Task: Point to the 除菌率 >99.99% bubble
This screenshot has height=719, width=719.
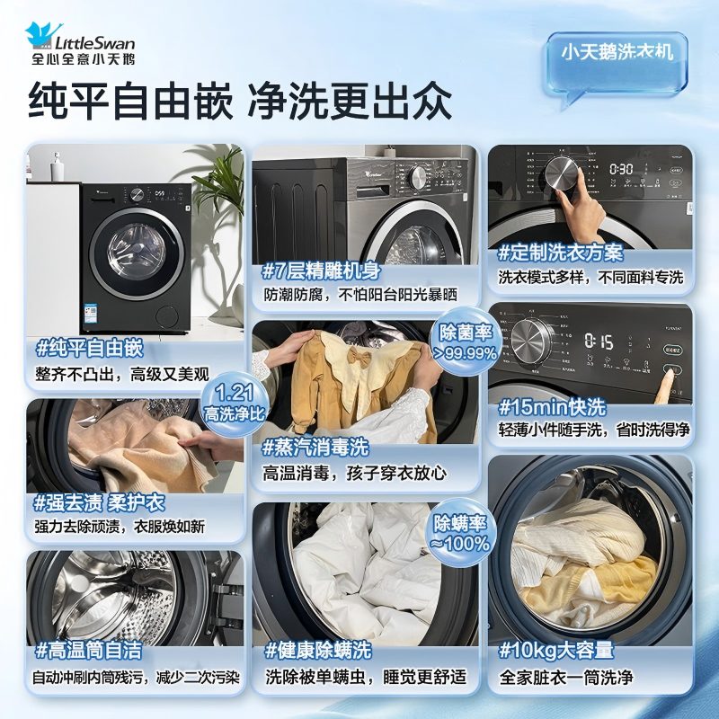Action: click(465, 341)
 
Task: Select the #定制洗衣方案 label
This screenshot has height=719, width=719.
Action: click(561, 254)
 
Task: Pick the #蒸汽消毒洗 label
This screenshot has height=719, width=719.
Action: click(316, 447)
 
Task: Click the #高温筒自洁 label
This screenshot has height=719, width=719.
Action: click(89, 650)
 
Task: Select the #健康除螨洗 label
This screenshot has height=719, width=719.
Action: click(318, 650)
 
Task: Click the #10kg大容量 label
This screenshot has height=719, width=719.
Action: click(556, 650)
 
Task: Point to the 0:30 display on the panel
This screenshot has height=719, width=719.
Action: click(622, 169)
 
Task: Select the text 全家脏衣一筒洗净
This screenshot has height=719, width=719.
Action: click(566, 678)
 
